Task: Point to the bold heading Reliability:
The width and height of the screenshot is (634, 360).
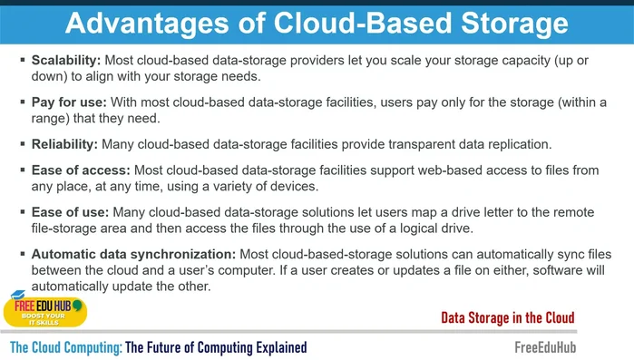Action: (x=64, y=144)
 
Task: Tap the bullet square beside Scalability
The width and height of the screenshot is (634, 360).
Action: (x=22, y=60)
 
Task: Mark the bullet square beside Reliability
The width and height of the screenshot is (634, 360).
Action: (x=22, y=144)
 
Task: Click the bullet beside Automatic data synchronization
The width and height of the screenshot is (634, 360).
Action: (x=22, y=254)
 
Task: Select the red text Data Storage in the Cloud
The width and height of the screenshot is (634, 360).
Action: (x=507, y=317)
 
